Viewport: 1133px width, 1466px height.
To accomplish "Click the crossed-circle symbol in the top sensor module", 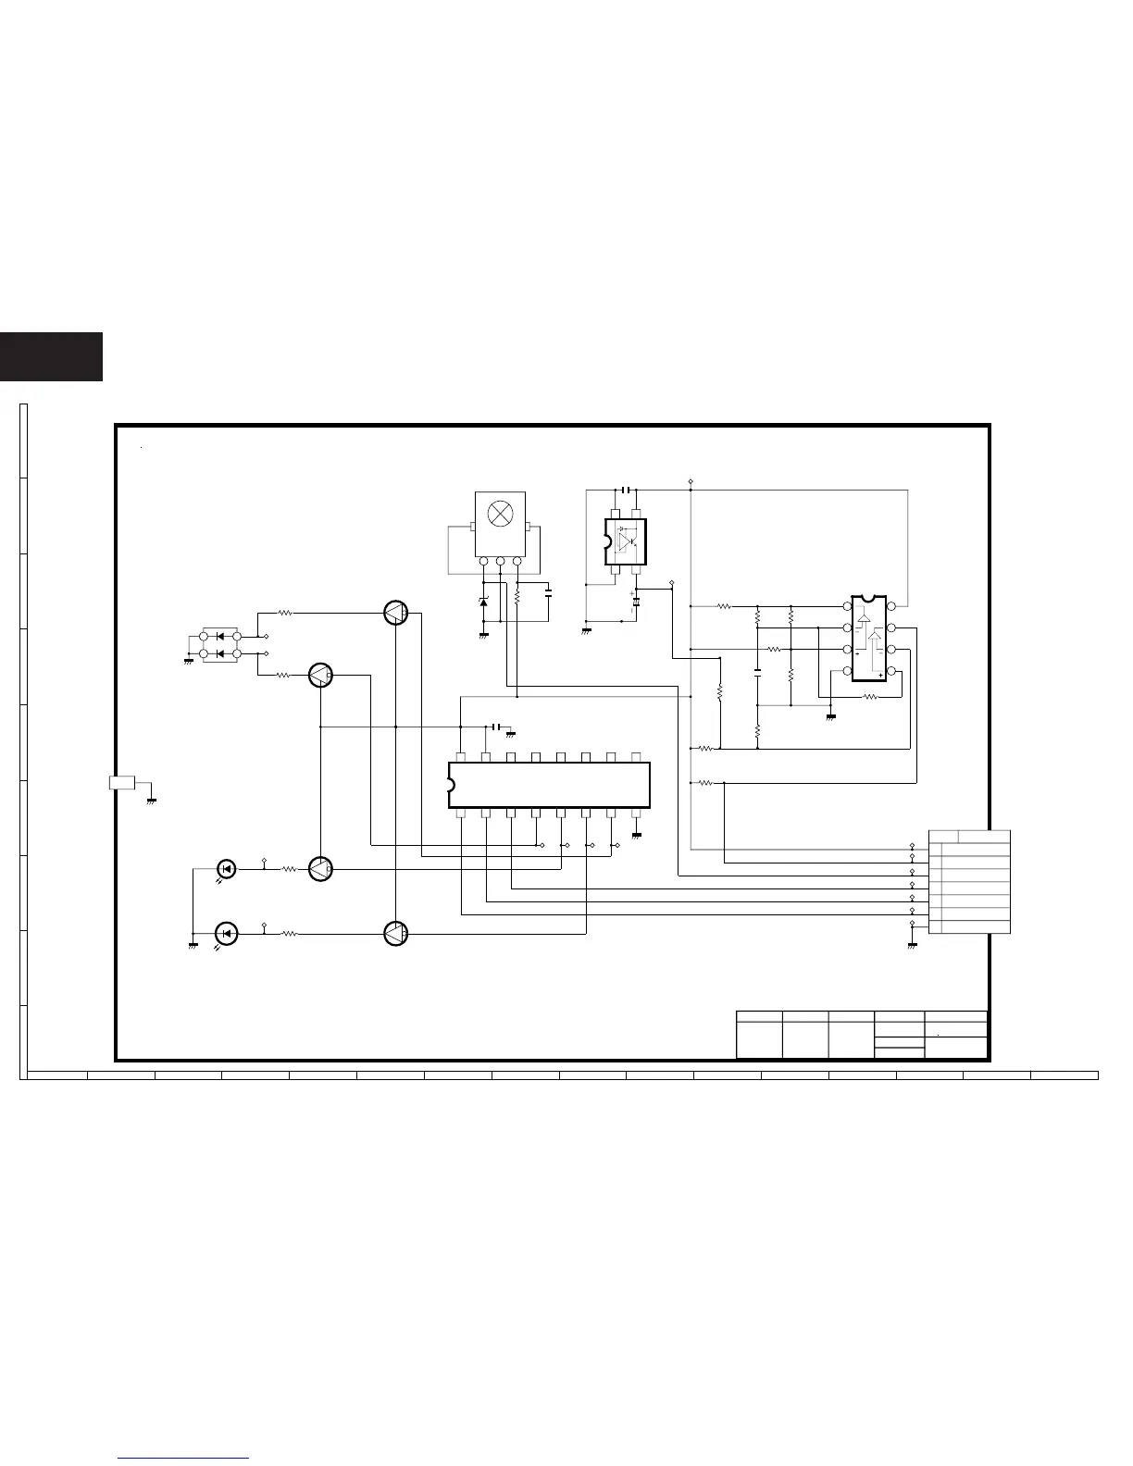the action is coord(501,513).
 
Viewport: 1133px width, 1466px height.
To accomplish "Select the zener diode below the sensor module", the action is coord(483,603).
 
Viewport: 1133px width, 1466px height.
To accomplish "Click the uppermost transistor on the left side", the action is coord(395,613).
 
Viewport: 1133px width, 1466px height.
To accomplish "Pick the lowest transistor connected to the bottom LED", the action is coord(395,934).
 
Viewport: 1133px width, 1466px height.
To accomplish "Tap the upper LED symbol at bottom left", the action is coord(226,869).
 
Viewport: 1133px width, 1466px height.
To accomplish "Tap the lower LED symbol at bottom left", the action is coord(226,933).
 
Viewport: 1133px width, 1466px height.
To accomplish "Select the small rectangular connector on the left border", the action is coord(122,783).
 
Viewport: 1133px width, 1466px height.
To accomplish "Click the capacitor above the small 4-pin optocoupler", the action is coord(627,489).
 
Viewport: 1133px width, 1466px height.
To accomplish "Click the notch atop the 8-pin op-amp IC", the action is coord(869,598).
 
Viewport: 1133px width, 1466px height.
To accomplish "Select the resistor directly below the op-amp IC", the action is coord(869,697).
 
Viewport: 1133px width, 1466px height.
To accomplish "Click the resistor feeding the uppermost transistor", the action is coord(286,613).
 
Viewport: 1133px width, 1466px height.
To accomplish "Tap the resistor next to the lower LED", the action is coord(289,934).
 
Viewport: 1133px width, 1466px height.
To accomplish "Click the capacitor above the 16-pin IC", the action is coord(498,727).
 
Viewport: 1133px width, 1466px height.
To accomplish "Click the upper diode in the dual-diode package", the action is coord(220,637).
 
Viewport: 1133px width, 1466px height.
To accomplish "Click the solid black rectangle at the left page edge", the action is coord(51,357).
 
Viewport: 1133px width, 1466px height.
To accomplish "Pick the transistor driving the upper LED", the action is coord(320,869).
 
